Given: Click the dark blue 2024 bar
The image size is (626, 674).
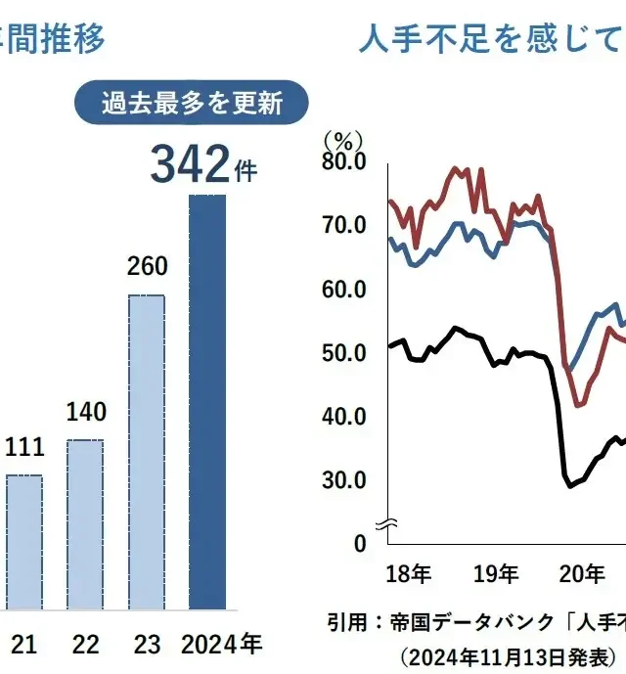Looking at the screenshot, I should click(x=206, y=401).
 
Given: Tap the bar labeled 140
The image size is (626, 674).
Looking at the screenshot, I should click(x=84, y=524).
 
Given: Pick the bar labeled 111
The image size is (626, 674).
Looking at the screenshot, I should click(x=23, y=542).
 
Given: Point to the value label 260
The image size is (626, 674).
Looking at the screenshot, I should click(x=148, y=266).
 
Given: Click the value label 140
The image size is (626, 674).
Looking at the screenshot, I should click(x=86, y=411).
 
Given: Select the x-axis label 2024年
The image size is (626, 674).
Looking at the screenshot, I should click(x=222, y=644).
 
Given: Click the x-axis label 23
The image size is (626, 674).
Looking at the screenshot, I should click(x=148, y=644).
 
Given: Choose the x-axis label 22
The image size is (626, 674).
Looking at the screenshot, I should click(x=86, y=644).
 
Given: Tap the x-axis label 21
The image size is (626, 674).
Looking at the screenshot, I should click(x=24, y=644).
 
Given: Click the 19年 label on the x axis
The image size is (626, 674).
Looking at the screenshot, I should click(x=494, y=572).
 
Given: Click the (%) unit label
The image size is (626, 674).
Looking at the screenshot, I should click(x=343, y=139).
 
